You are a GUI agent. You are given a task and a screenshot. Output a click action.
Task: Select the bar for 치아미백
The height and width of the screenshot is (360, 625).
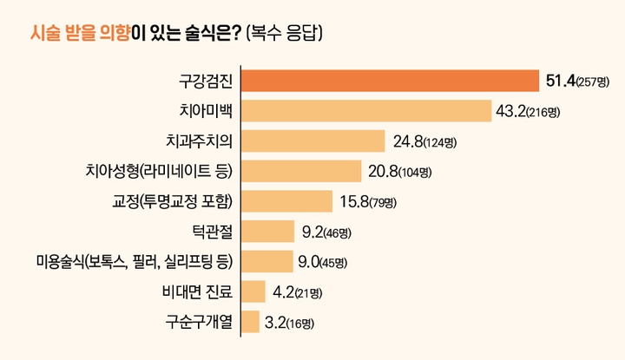click(357, 111)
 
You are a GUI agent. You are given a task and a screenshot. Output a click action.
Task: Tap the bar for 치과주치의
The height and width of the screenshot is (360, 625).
click(312, 141)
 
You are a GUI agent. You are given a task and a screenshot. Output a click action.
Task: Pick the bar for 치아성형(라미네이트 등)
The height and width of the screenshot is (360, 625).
click(300, 171)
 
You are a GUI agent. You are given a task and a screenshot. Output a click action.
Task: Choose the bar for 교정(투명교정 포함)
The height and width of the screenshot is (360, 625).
click(286, 201)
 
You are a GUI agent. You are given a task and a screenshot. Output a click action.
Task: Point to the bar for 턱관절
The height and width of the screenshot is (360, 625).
click(267, 231)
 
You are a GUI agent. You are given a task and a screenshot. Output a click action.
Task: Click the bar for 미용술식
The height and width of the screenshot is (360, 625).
click(266, 261)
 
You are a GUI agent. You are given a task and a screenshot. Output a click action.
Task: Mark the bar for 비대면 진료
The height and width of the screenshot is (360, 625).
click(253, 291)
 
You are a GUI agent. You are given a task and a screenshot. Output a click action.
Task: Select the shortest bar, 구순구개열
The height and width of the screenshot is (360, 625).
click(250, 321)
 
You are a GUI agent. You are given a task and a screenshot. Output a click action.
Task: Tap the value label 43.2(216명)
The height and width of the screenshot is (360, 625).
click(516, 111)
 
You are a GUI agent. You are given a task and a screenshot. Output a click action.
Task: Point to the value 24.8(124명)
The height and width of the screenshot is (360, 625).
click(424, 141)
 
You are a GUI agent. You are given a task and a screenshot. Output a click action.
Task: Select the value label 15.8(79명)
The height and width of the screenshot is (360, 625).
click(366, 201)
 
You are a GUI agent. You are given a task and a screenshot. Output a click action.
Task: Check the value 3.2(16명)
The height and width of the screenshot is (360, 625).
click(288, 323)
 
